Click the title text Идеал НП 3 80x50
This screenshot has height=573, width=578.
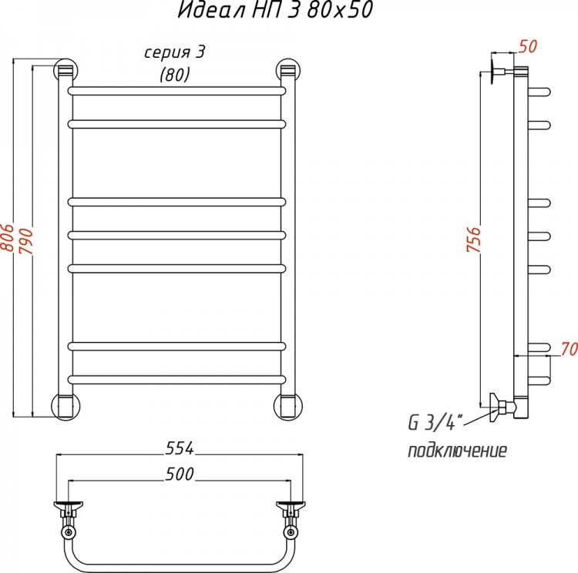[275, 9]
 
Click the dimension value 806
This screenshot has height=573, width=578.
[8, 237]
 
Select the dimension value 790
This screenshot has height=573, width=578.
[26, 241]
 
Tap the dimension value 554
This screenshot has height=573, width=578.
[180, 448]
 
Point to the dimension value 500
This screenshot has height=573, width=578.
[180, 474]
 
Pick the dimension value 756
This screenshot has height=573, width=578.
[474, 240]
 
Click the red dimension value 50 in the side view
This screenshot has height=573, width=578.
[528, 46]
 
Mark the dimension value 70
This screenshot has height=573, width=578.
[570, 349]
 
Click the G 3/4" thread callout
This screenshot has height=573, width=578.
[435, 422]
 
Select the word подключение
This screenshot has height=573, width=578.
[457, 451]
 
